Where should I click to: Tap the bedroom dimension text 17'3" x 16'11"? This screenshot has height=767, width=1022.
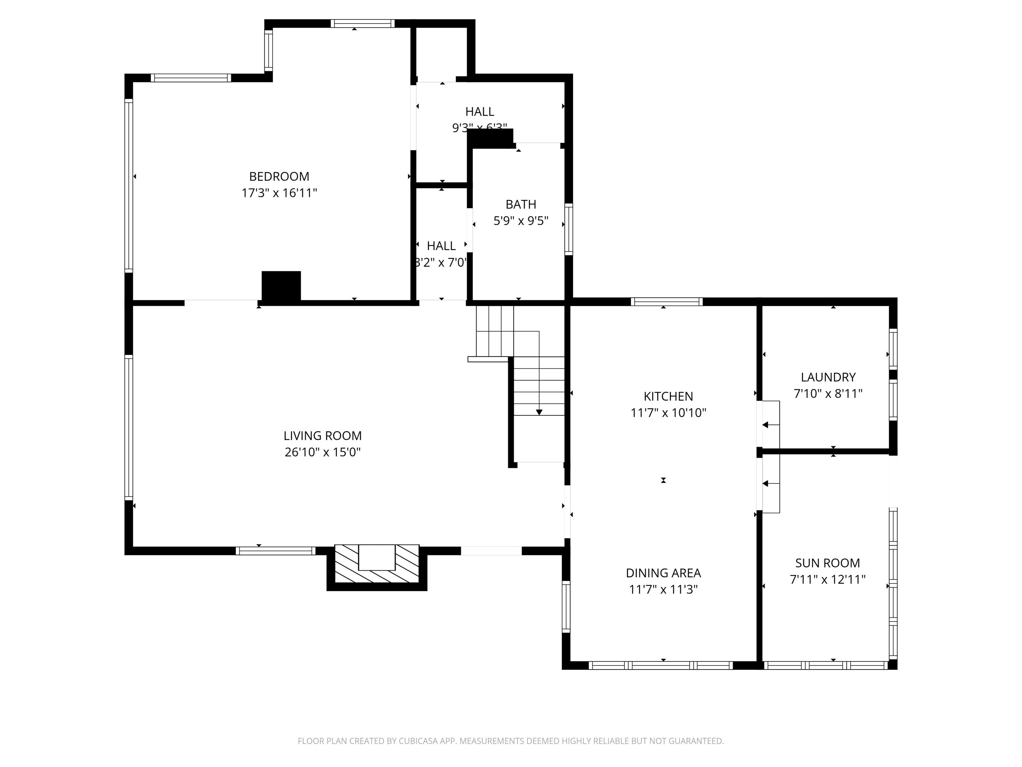click(279, 193)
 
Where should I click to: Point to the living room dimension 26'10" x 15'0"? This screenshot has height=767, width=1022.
click(322, 452)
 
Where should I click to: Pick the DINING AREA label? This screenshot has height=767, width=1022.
click(663, 573)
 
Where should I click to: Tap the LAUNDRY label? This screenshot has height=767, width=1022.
click(828, 377)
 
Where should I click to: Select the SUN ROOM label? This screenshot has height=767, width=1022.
click(827, 563)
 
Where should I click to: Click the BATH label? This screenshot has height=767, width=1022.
click(521, 204)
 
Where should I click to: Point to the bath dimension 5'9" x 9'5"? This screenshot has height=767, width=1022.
click(521, 221)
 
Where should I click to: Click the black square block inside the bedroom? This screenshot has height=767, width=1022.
click(281, 286)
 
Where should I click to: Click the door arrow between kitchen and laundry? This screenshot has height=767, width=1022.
click(766, 425)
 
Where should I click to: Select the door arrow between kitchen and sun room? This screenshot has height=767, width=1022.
click(766, 484)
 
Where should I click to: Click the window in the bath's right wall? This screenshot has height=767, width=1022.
click(569, 229)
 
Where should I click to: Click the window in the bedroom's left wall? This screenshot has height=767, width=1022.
click(129, 185)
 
